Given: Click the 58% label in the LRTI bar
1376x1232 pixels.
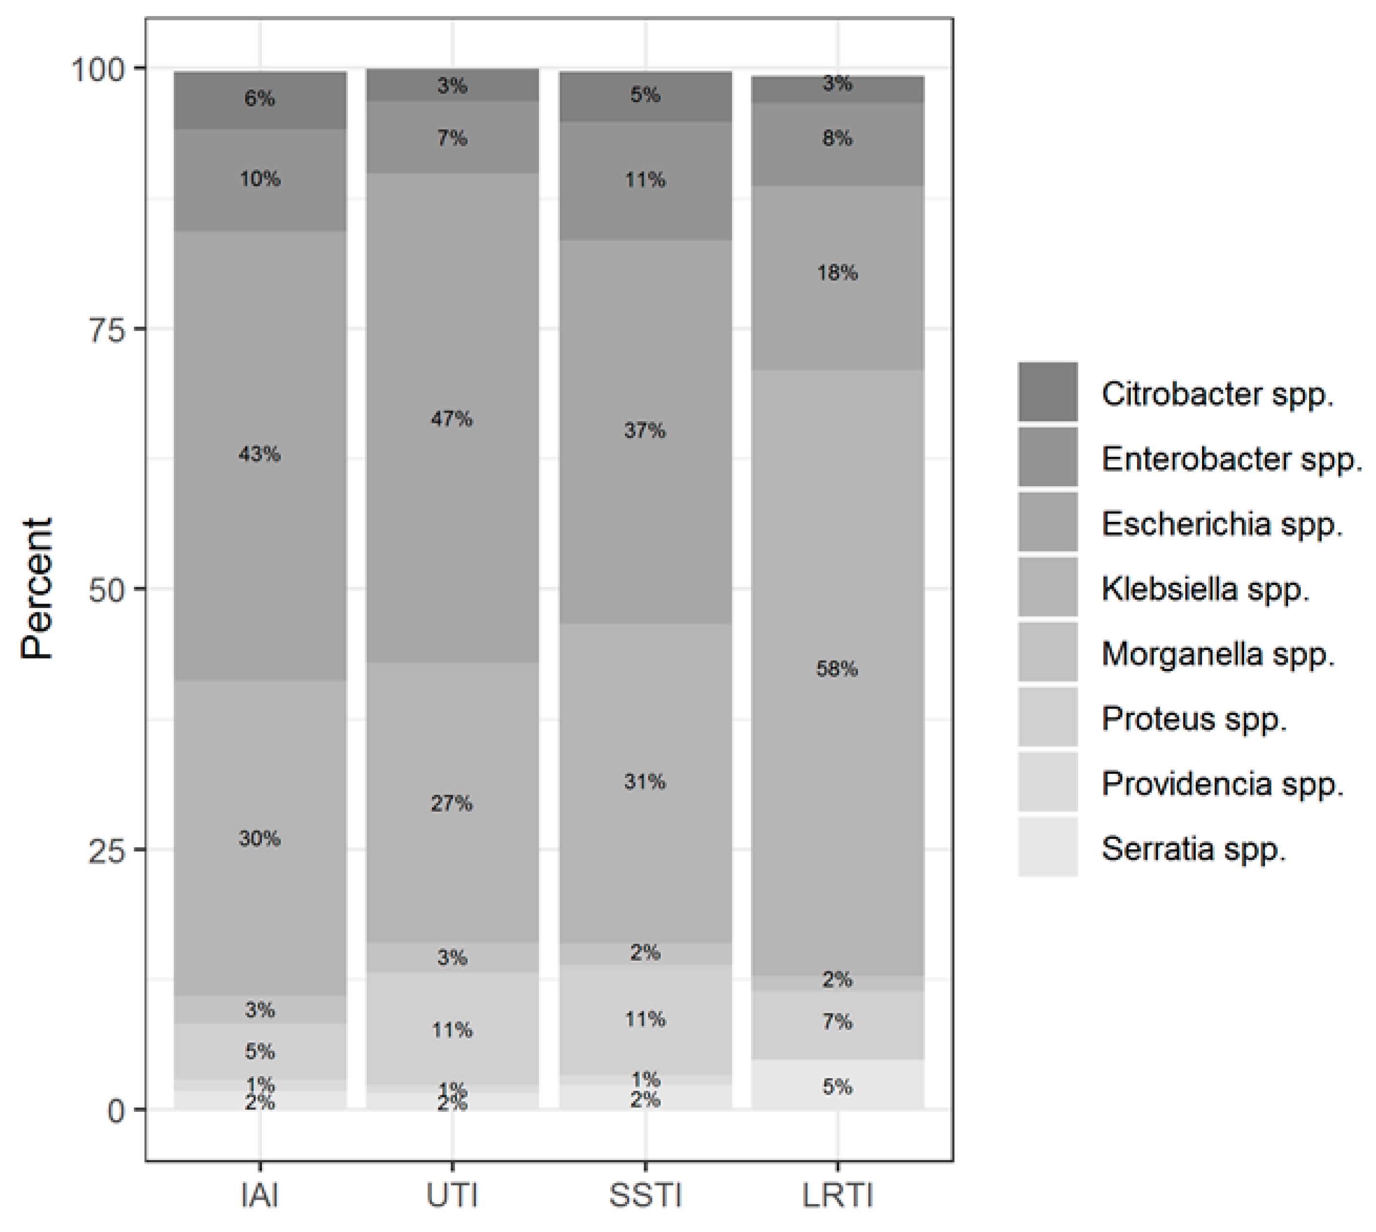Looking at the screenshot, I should (837, 670).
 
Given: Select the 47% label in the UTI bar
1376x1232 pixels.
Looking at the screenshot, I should (451, 419).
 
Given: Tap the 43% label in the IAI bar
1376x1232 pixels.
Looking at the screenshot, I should (259, 454).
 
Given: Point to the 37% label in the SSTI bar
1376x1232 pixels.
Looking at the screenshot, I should (645, 431).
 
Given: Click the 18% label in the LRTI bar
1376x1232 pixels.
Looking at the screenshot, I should (837, 273).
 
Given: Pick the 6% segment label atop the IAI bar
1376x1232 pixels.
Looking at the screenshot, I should (259, 99).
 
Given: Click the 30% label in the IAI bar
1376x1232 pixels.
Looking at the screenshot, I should (259, 839).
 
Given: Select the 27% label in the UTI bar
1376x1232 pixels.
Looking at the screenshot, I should (451, 803).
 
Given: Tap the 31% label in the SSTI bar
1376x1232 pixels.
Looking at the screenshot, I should (645, 782).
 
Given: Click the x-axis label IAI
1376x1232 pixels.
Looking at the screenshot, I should (259, 1195).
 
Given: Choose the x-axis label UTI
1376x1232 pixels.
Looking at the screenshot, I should (451, 1195).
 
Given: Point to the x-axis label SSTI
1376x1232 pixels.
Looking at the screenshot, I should (645, 1195).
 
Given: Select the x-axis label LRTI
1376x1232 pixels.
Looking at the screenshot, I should (837, 1195).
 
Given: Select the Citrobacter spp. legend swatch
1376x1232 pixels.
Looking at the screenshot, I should (1047, 392).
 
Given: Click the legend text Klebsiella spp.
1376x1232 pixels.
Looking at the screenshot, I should (1205, 588).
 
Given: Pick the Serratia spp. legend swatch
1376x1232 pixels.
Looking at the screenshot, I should (1047, 847).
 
